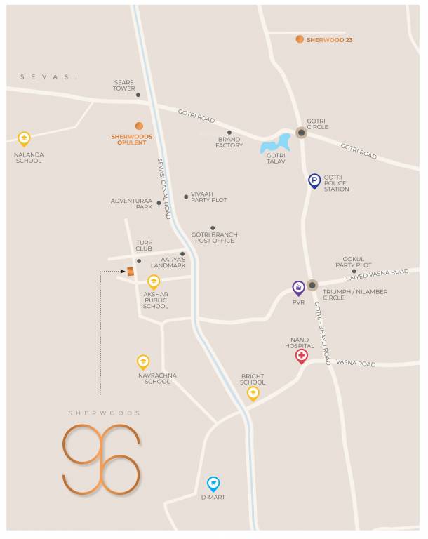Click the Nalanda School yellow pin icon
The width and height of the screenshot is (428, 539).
click(25, 138)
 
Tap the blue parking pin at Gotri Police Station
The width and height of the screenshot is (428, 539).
click(315, 182)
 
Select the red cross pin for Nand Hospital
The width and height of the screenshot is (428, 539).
click(301, 357)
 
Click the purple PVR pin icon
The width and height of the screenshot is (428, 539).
click(299, 288)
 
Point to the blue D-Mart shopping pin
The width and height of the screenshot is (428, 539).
click(213, 484)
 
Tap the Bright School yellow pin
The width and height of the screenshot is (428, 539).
click(253, 393)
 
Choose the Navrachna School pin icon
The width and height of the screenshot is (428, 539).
click(143, 362)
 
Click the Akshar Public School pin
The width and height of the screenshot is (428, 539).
click(154, 282)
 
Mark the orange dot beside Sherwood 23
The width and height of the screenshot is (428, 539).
click(300, 40)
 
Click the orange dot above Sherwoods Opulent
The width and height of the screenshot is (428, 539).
click(139, 126)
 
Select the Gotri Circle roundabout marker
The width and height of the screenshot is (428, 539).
click(301, 132)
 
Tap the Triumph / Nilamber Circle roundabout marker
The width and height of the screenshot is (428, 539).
click(312, 285)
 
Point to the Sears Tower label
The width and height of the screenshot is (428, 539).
click(124, 86)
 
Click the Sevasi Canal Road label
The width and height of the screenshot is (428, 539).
click(164, 188)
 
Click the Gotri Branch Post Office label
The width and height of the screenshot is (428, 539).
click(215, 237)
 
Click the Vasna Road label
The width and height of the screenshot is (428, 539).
click(356, 364)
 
